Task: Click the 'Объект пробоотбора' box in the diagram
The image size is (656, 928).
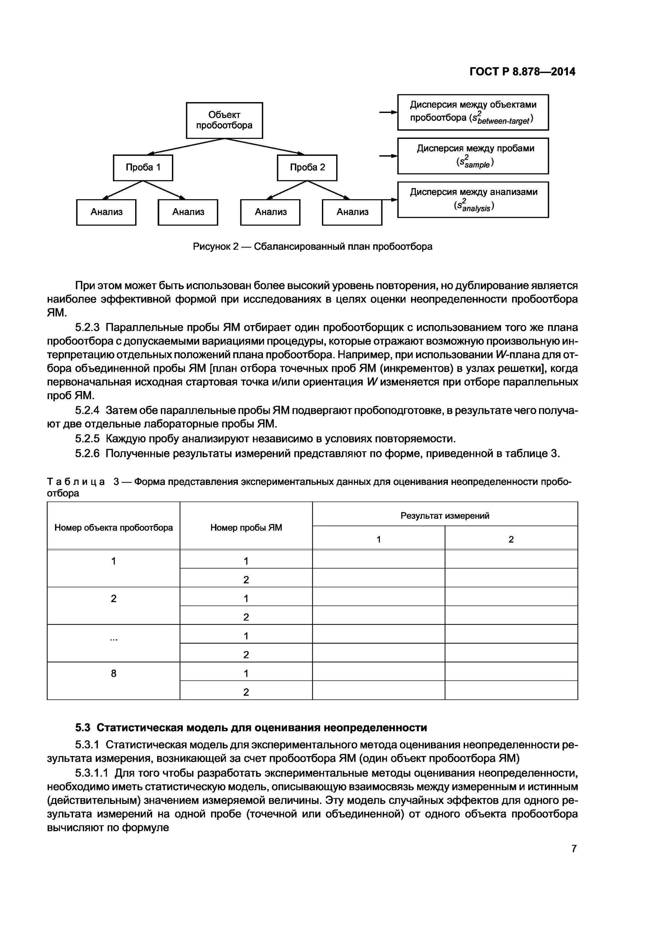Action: pyautogui.click(x=224, y=120)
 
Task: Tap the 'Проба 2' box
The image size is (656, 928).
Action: pyautogui.click(x=307, y=167)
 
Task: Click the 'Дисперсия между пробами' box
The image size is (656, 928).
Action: pyautogui.click(x=473, y=156)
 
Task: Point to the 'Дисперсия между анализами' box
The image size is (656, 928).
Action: pyautogui.click(x=473, y=199)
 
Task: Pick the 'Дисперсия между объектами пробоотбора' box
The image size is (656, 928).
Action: pyautogui.click(x=473, y=112)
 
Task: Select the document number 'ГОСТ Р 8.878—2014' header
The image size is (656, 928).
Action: pyautogui.click(x=522, y=71)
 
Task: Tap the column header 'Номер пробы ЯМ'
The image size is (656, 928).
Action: pyautogui.click(x=246, y=527)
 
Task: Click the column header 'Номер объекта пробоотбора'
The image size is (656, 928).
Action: pyautogui.click(x=114, y=527)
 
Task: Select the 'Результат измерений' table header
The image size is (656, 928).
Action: pyautogui.click(x=445, y=515)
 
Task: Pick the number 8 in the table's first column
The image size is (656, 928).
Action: pyautogui.click(x=114, y=673)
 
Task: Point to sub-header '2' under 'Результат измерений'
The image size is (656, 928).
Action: pyautogui.click(x=511, y=539)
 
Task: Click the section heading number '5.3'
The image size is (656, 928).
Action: pyautogui.click(x=83, y=728)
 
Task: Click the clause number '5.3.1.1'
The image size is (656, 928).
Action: pyautogui.click(x=91, y=773)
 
